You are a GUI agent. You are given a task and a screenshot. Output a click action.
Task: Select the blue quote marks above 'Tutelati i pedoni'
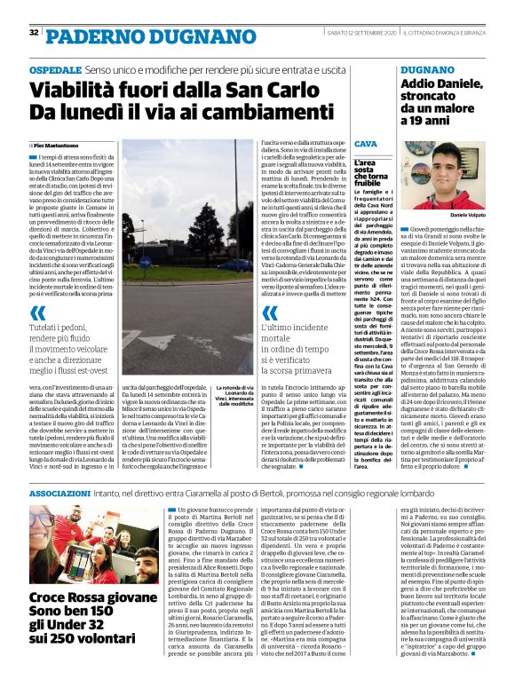pyautogui.click(x=36, y=312)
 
